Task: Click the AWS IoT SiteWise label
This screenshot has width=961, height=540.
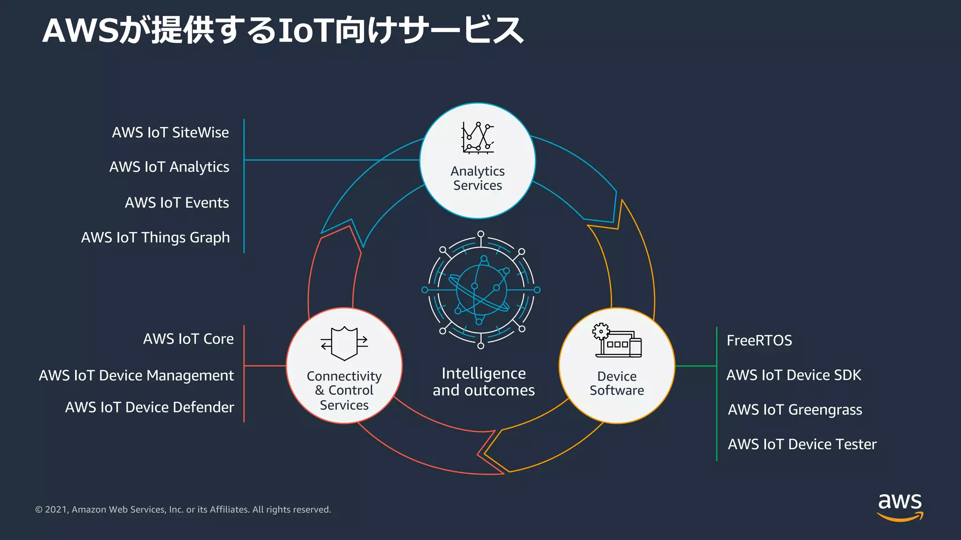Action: (x=170, y=133)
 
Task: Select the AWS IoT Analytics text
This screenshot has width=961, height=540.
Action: (x=169, y=167)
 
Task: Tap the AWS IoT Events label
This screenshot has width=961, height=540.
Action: (x=176, y=202)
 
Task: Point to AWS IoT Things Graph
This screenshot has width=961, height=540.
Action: (x=155, y=237)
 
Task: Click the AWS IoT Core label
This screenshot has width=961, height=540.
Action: (x=188, y=339)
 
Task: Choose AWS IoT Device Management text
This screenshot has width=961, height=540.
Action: (x=136, y=375)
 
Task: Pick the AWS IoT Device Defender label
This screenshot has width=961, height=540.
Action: (x=149, y=407)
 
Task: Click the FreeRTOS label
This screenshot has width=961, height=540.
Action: (x=759, y=340)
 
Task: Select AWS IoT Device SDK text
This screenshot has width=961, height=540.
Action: (x=793, y=375)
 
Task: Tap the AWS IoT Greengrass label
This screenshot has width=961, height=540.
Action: (x=794, y=410)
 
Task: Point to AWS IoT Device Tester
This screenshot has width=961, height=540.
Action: (x=801, y=444)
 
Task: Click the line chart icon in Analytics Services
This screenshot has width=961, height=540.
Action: (x=477, y=138)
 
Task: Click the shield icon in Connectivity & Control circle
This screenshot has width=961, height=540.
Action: (x=344, y=344)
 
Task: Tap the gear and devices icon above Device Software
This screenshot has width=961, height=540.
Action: (x=617, y=340)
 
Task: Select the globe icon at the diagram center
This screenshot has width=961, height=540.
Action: (x=480, y=290)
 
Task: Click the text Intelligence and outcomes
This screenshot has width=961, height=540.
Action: (x=483, y=382)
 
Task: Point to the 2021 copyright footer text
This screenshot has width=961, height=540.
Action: (x=183, y=510)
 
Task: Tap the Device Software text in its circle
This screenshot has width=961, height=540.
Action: (x=617, y=383)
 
